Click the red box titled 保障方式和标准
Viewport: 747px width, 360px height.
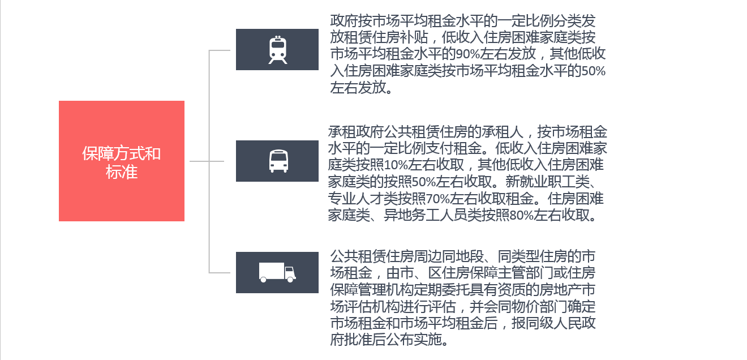click(x=121, y=161)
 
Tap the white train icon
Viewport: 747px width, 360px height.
click(x=278, y=50)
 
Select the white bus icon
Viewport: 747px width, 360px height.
click(x=278, y=161)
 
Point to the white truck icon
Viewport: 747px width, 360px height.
click(x=277, y=272)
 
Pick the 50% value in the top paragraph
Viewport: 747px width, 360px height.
click(x=593, y=71)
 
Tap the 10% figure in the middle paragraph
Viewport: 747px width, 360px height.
click(x=396, y=165)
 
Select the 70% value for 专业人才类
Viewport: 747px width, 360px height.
click(x=438, y=199)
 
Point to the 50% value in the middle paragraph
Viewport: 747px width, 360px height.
click(x=424, y=182)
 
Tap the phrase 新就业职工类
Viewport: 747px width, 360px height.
click(x=547, y=182)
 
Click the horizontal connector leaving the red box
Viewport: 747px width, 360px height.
click(x=207, y=161)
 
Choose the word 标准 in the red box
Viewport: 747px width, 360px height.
click(x=121, y=172)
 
